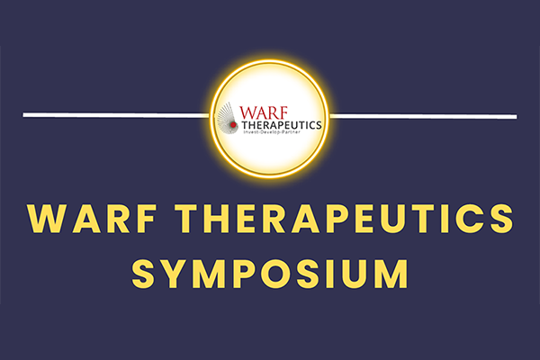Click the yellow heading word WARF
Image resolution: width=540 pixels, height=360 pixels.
pyautogui.click(x=93, y=219)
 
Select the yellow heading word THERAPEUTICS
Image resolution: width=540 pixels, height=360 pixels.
pyautogui.click(x=344, y=219)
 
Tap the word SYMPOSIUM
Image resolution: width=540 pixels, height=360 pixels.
pyautogui.click(x=270, y=274)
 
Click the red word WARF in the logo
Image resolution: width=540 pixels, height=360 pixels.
pyautogui.click(x=264, y=113)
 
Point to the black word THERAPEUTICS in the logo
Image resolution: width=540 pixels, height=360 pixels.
pyautogui.click(x=282, y=125)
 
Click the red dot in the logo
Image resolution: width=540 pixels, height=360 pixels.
pyautogui.click(x=233, y=125)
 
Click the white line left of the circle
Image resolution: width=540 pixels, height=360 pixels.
pyautogui.click(x=116, y=115)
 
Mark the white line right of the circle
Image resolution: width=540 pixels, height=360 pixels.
pyautogui.click(x=423, y=116)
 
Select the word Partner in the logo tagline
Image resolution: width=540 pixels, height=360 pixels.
pyautogui.click(x=292, y=132)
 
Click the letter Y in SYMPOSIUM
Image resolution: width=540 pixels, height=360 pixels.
pyautogui.click(x=175, y=274)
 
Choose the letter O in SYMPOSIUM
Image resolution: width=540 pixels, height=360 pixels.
pyautogui.click(x=279, y=274)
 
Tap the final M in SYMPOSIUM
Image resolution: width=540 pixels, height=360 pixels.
pyautogui.click(x=392, y=274)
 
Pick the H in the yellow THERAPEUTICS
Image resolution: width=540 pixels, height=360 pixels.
pyautogui.click(x=216, y=219)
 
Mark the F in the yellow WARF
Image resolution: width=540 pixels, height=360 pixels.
pyautogui.click(x=146, y=219)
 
